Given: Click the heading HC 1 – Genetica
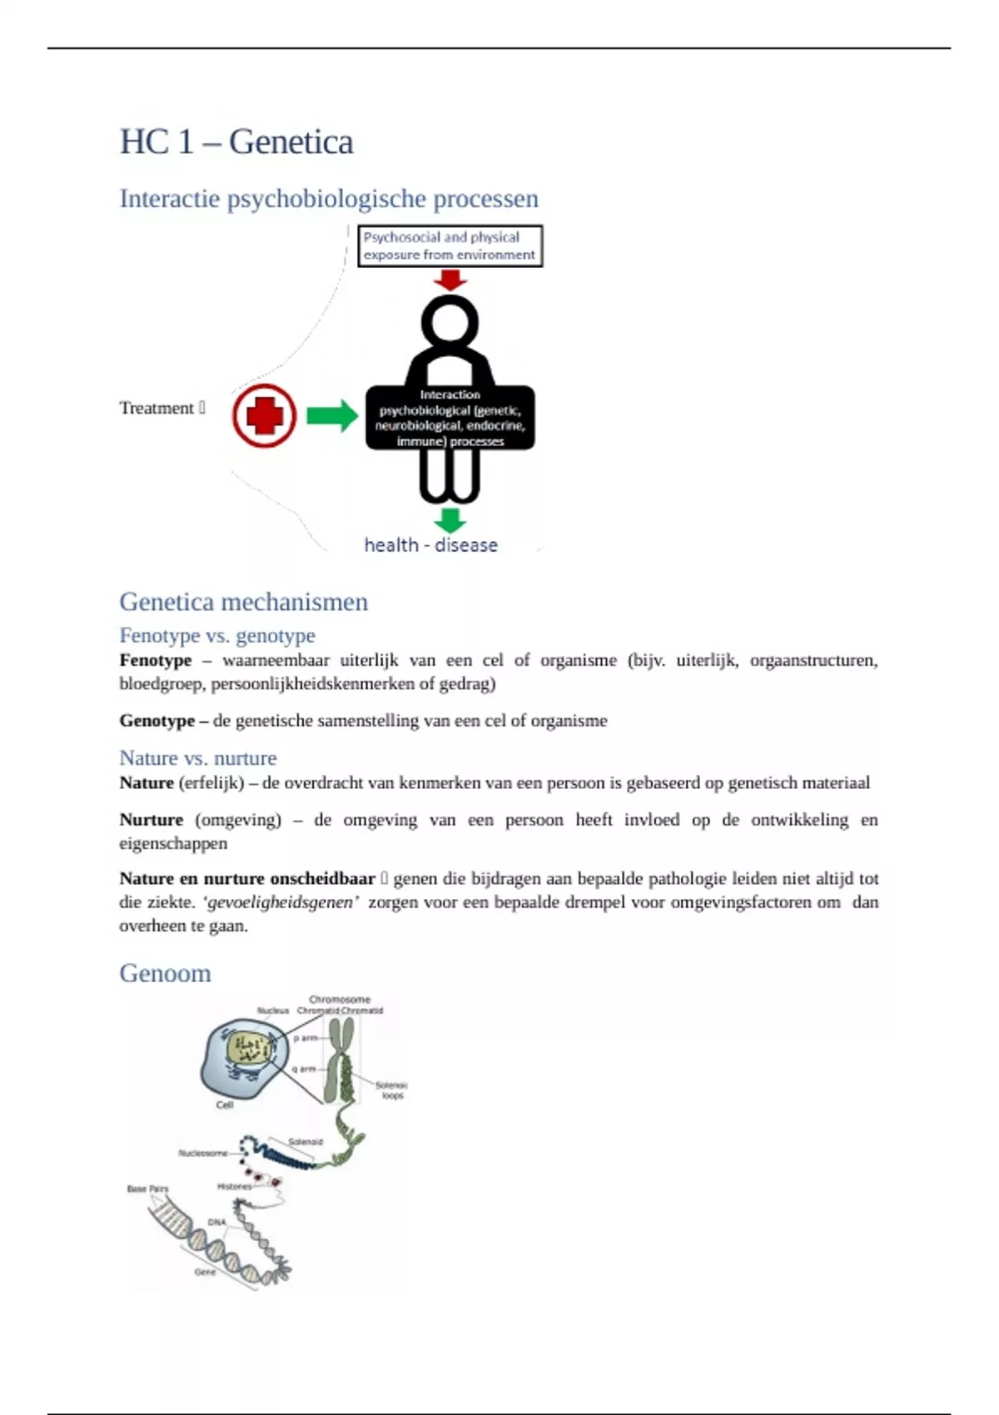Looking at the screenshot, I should coord(236,141).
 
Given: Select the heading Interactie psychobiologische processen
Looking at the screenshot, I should coord(329,199).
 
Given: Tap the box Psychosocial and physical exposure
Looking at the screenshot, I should coord(450,246).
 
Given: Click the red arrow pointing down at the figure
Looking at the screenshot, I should coord(450,280).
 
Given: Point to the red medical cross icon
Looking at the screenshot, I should coord(265,415).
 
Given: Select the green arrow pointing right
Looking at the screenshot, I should coord(331,415).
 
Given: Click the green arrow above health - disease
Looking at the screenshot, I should coord(450,520).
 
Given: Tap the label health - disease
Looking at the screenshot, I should coord(431,545).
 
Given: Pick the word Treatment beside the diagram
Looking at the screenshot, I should coord(157,408).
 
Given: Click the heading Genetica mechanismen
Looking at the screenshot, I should coord(243,602).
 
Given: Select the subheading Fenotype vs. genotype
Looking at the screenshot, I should coord(217,636).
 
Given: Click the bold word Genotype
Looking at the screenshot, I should coord(157,721).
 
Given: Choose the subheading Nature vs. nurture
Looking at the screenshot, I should coord(197,758).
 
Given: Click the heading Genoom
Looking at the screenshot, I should coord(165,973).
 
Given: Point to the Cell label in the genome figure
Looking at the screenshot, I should coord(225,1105).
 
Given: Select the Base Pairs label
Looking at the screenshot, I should coord(147,1189).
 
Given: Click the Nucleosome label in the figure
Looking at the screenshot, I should coord(202,1153).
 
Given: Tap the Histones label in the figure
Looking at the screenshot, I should coord(234,1186).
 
